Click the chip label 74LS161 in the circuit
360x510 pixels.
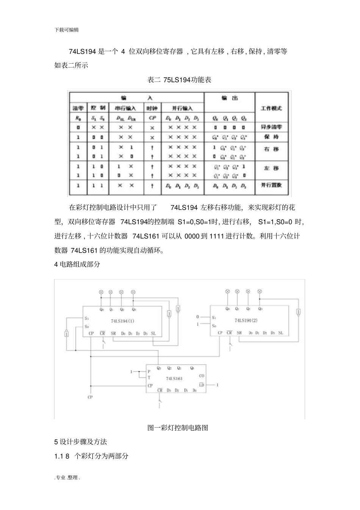click(174, 378)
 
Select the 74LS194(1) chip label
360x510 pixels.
click(122, 321)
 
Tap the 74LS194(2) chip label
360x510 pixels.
click(246, 320)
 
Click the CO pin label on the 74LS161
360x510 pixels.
click(202, 376)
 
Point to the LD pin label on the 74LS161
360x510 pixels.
click(202, 385)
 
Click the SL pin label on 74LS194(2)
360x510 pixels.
click(280, 333)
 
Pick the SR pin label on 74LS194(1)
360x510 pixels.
click(113, 334)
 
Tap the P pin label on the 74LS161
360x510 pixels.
click(149, 372)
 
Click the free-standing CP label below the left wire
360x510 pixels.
click(90, 397)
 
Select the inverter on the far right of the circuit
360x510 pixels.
click(299, 312)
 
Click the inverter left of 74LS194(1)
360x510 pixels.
click(67, 334)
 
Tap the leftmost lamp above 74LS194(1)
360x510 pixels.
click(101, 292)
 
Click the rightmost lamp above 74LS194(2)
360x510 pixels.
click(260, 291)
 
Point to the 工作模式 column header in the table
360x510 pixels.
click(271, 108)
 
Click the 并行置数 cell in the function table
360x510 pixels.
click(271, 185)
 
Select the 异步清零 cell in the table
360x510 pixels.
click(271, 127)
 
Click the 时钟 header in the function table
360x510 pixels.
click(152, 108)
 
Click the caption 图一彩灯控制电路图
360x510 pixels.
click(178, 428)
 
